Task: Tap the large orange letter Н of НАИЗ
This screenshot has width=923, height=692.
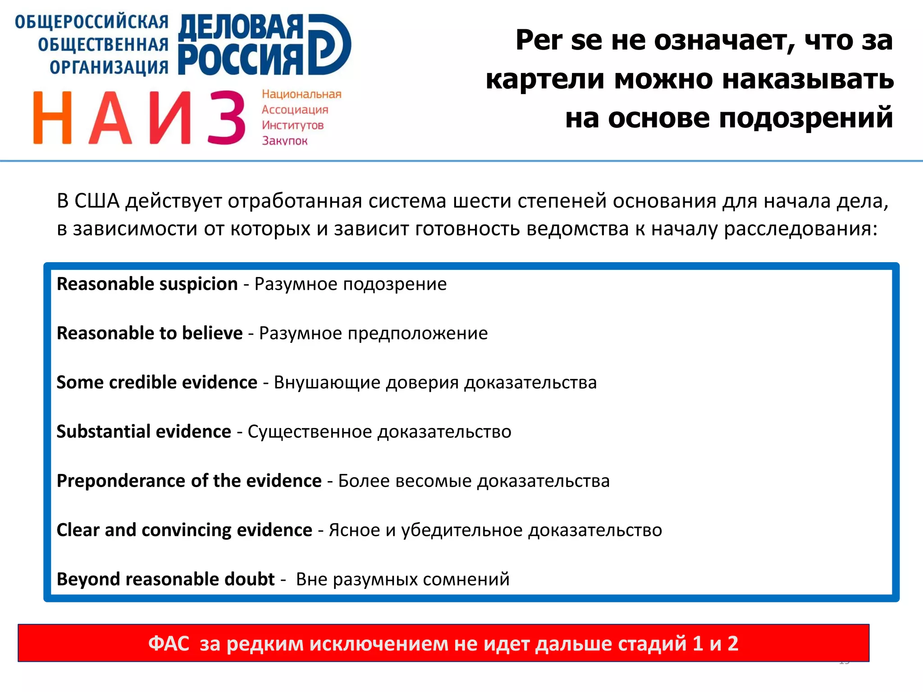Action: pos(53,118)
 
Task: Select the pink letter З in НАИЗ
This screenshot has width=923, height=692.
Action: pos(227,118)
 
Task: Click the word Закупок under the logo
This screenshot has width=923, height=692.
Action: pos(284,141)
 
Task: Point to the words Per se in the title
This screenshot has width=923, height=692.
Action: pos(558,40)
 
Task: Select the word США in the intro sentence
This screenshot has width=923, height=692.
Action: pos(97,201)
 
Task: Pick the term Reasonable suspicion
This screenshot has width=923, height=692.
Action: pos(147,284)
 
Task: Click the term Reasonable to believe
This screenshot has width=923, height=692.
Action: pos(150,333)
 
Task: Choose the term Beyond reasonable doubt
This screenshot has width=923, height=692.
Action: pos(165,579)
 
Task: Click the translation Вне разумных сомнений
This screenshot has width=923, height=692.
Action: pos(402,579)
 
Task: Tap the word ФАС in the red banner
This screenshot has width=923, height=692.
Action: pos(169,643)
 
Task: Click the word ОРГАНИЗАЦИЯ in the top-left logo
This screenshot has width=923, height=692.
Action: pos(109,68)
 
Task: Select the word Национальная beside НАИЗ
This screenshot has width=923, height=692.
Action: pos(302,94)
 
